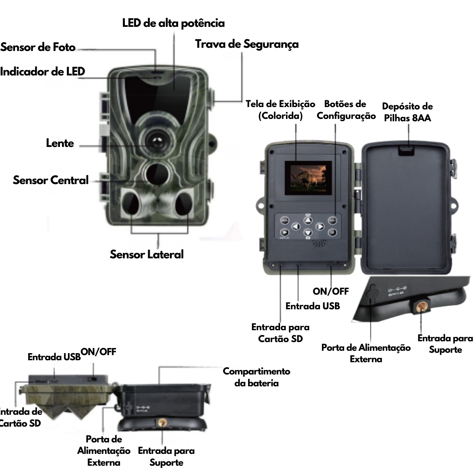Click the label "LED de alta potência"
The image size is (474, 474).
[x=173, y=23]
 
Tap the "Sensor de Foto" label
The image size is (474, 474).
[x=38, y=47]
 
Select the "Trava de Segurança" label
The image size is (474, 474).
[x=246, y=44]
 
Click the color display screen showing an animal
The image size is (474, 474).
[x=308, y=178]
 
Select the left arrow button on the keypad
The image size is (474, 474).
[x=296, y=227]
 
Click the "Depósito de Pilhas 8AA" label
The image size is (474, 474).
[x=407, y=112]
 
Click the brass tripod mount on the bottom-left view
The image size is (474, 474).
[x=162, y=423]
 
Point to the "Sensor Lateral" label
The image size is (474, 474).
[x=147, y=254]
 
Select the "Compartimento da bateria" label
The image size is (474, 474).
[x=256, y=377]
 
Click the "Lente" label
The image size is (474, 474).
[x=60, y=143]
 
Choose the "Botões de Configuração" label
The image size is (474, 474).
[x=346, y=110]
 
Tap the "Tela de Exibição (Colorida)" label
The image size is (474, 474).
[x=280, y=110]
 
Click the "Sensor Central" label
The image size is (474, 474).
[x=51, y=180]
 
